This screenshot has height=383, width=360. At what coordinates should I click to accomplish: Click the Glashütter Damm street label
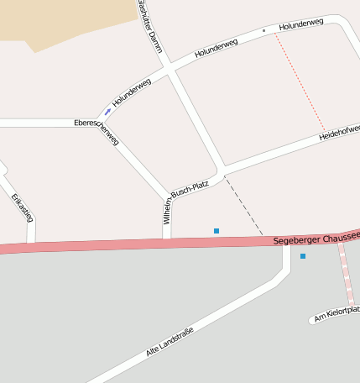tap(150, 26)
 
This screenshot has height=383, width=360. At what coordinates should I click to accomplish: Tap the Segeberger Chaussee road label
tap(316, 239)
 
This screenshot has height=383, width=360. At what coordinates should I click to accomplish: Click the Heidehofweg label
tap(338, 134)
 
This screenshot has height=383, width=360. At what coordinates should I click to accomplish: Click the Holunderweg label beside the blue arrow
tap(131, 92)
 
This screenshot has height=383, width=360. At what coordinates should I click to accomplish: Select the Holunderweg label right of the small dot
tap(300, 25)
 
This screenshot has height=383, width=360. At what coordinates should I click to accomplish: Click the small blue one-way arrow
tap(107, 112)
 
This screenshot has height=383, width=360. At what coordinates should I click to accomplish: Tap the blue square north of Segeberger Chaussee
tap(217, 230)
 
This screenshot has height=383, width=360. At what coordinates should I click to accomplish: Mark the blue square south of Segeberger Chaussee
tap(303, 255)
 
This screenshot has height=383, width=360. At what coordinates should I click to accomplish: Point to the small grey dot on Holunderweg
tap(263, 31)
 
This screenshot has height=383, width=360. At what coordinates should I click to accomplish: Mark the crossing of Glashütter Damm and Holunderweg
tap(170, 69)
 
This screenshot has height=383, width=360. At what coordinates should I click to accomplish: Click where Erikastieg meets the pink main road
tap(32, 245)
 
